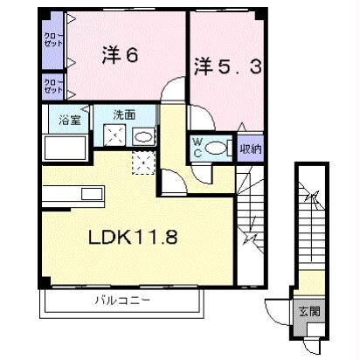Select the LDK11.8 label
click(x=136, y=237)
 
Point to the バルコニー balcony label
click(x=123, y=301)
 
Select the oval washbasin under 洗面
click(x=143, y=137)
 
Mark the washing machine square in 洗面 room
click(x=114, y=136)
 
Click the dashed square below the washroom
click(x=142, y=160)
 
